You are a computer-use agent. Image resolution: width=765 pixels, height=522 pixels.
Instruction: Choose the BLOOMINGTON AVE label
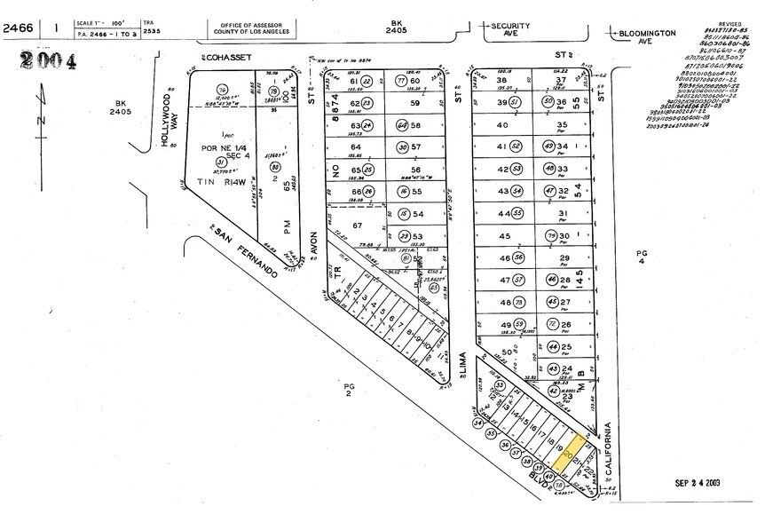(647, 35)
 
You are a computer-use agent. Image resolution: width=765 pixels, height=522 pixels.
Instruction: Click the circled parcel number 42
(552, 390)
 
